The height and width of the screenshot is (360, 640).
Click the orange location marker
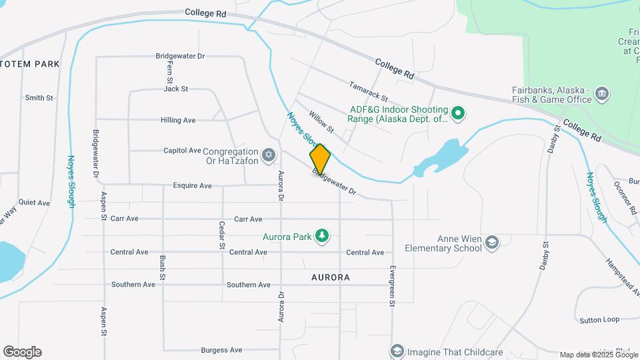tap(320, 159)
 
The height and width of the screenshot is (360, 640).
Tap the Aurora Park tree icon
tap(322, 236)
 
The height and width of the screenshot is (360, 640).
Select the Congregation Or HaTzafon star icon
tap(269, 155)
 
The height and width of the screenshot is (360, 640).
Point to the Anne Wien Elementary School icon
tap(492, 242)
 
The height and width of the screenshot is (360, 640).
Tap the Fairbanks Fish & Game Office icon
tap(602, 93)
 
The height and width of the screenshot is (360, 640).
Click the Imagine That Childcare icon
tap(397, 351)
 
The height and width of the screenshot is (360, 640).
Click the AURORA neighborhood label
tap(330, 276)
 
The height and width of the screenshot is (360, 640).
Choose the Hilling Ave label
tap(178, 121)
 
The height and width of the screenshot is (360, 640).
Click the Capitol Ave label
tap(182, 151)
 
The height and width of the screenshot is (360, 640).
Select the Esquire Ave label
tap(192, 185)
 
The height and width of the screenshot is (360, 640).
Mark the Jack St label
tap(176, 89)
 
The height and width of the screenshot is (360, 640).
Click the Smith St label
tap(39, 98)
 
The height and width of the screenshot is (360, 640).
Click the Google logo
tap(22, 352)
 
